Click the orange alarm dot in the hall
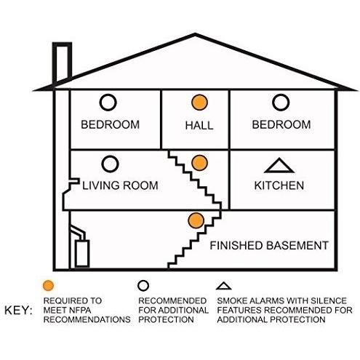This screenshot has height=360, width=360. tap(199, 103)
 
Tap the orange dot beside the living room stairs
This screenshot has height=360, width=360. tap(199, 163)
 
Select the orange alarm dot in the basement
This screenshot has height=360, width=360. tap(196, 220)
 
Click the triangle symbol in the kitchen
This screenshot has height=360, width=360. tap(279, 171)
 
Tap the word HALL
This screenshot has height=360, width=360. tap(199, 126)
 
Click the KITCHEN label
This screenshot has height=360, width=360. tap(279, 185)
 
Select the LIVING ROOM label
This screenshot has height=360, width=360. tap(120, 185)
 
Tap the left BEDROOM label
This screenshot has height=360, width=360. tap(111, 124)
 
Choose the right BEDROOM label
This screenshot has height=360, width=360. tap(281, 124)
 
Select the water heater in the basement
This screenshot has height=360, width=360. tap(82, 253)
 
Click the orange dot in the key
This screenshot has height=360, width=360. tap(48, 285)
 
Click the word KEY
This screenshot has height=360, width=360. tap(18, 311)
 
